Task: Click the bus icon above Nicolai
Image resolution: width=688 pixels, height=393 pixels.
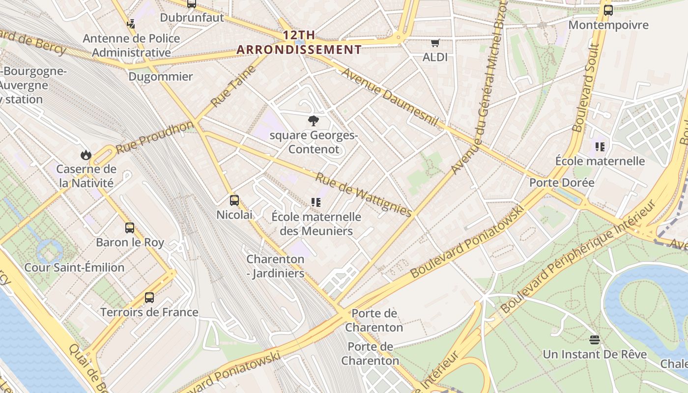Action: tap(234, 200)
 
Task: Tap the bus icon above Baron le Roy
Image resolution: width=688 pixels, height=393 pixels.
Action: tap(130, 228)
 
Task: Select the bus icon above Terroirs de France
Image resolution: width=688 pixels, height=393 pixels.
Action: tap(149, 298)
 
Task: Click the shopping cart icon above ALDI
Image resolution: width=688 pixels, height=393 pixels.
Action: tap(435, 43)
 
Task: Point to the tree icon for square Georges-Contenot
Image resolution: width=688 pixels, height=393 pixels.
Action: tap(313, 121)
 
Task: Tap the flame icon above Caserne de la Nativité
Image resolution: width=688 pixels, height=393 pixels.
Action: tap(86, 155)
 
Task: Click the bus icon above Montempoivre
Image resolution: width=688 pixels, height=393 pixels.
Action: tap(608, 10)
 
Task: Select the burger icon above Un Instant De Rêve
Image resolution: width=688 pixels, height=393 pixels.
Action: tap(595, 339)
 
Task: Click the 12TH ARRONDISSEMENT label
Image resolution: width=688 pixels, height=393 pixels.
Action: tap(299, 43)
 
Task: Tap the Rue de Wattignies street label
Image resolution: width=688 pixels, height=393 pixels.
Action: tap(363, 195)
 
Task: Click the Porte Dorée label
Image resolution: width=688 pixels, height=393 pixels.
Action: tap(562, 183)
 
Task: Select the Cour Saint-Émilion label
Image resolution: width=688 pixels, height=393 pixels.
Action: tap(74, 268)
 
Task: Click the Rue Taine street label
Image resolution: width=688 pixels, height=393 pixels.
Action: tap(234, 86)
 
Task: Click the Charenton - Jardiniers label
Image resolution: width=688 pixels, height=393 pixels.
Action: tap(275, 266)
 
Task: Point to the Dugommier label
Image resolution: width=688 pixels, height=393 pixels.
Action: tap(161, 77)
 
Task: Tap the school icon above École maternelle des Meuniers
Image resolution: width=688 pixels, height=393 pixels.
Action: tap(315, 202)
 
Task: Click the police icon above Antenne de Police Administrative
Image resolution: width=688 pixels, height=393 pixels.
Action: tap(131, 24)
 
